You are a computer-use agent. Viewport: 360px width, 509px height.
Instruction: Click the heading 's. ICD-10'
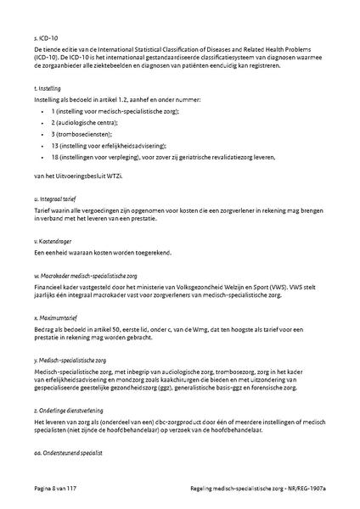(x=46, y=39)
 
